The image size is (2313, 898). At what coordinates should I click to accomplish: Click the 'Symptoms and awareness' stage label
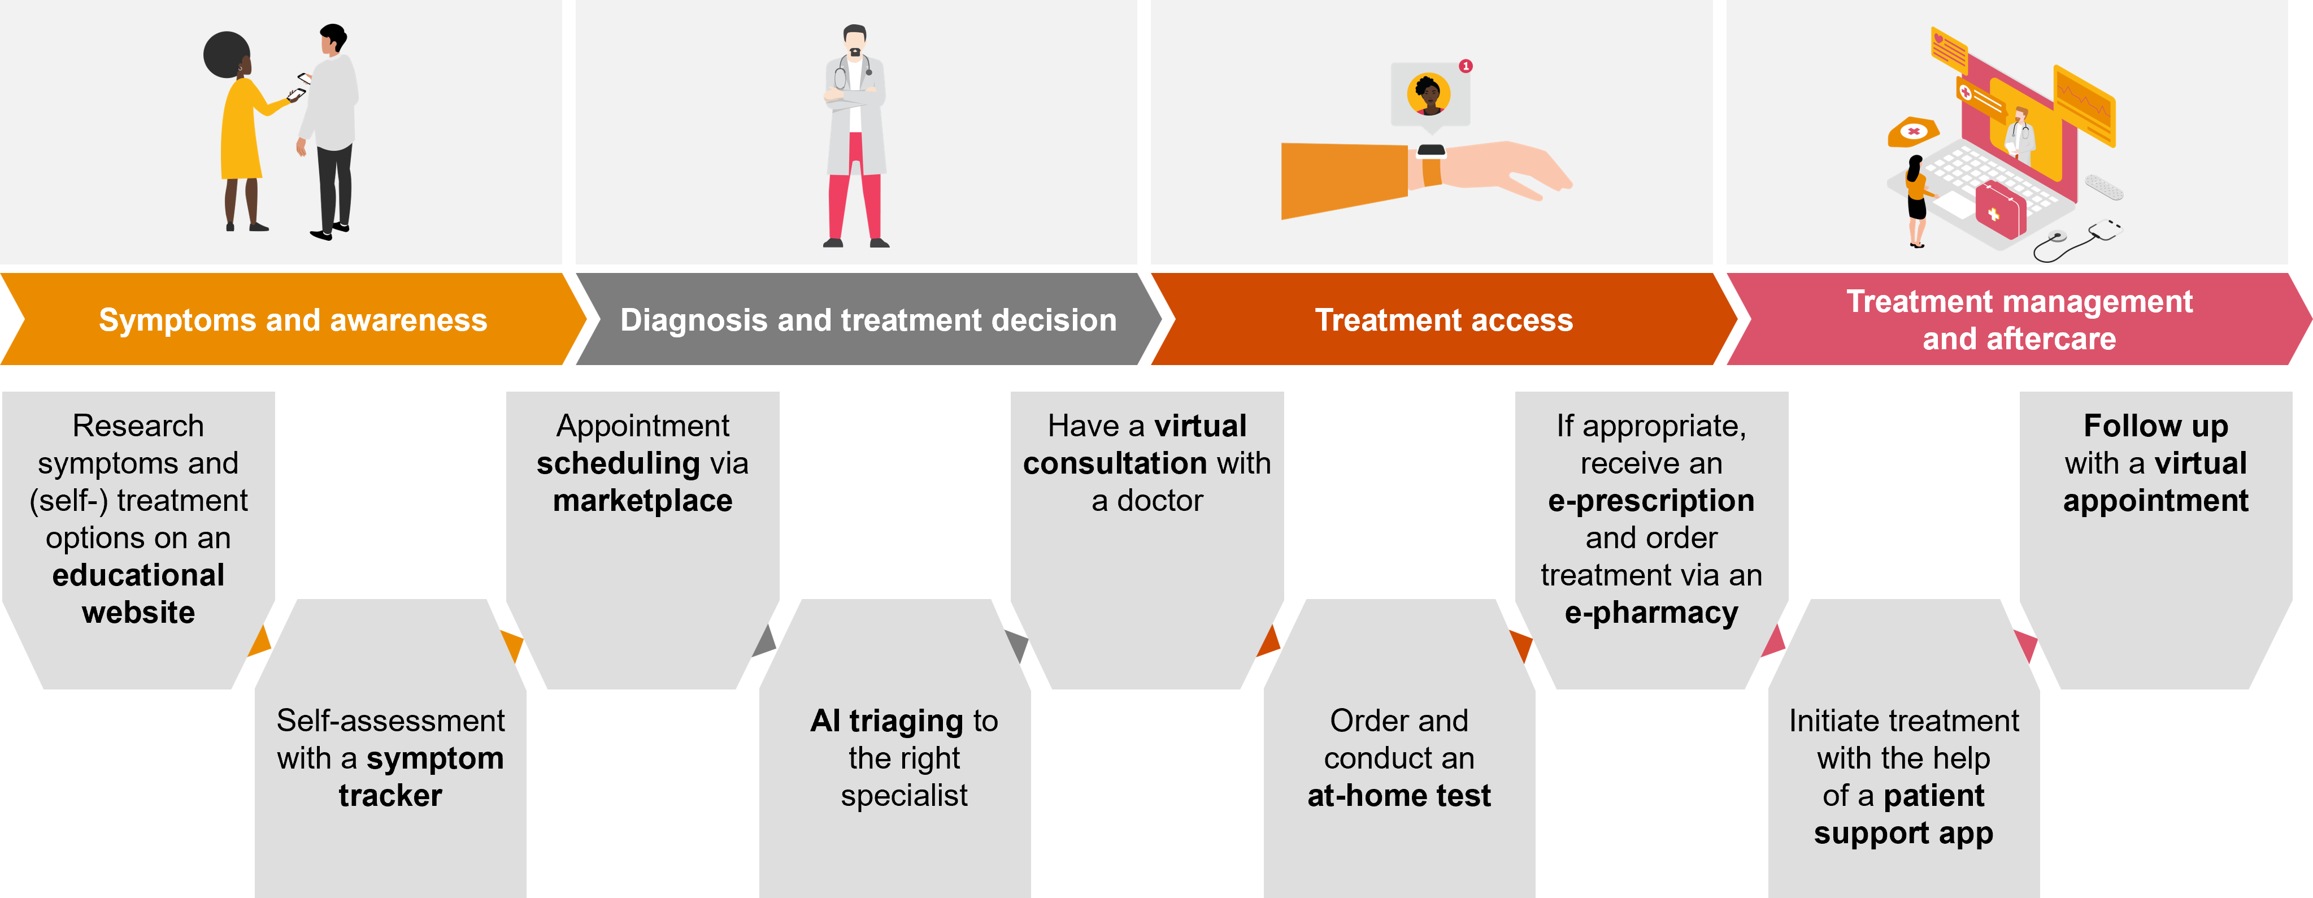(x=293, y=320)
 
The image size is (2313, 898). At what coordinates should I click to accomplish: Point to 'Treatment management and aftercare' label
(x=2019, y=320)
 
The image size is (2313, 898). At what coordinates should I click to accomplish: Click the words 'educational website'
(x=138, y=593)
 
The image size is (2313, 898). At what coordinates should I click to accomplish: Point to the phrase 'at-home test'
(x=1398, y=796)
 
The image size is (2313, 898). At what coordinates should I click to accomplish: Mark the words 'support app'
(x=1903, y=834)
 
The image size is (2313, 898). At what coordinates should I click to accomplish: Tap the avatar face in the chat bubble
(x=1428, y=93)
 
